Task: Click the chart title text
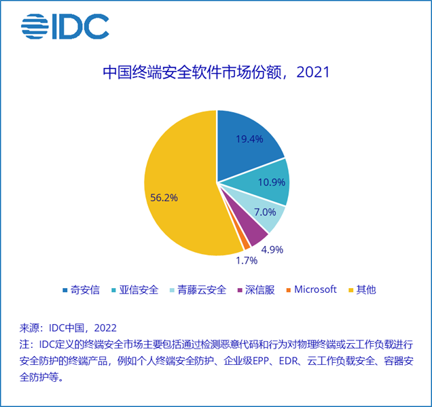[x=216, y=72]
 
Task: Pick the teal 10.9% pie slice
[x=268, y=182]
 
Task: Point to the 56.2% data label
[x=163, y=198]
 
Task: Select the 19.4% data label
[x=250, y=140]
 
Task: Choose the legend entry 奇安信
[x=81, y=289]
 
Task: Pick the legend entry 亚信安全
[x=135, y=289]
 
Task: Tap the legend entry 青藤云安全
[x=198, y=289]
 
